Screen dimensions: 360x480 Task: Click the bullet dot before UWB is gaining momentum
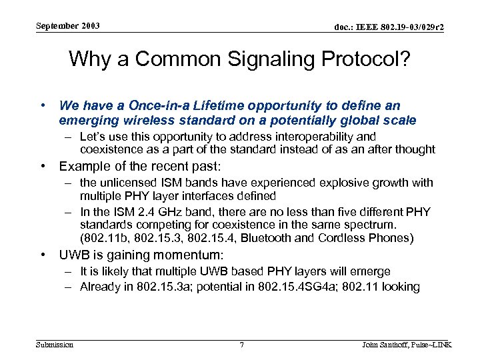[x=43, y=255]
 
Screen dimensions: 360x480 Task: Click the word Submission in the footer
[x=55, y=345]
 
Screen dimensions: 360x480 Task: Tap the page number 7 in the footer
[x=241, y=345]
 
